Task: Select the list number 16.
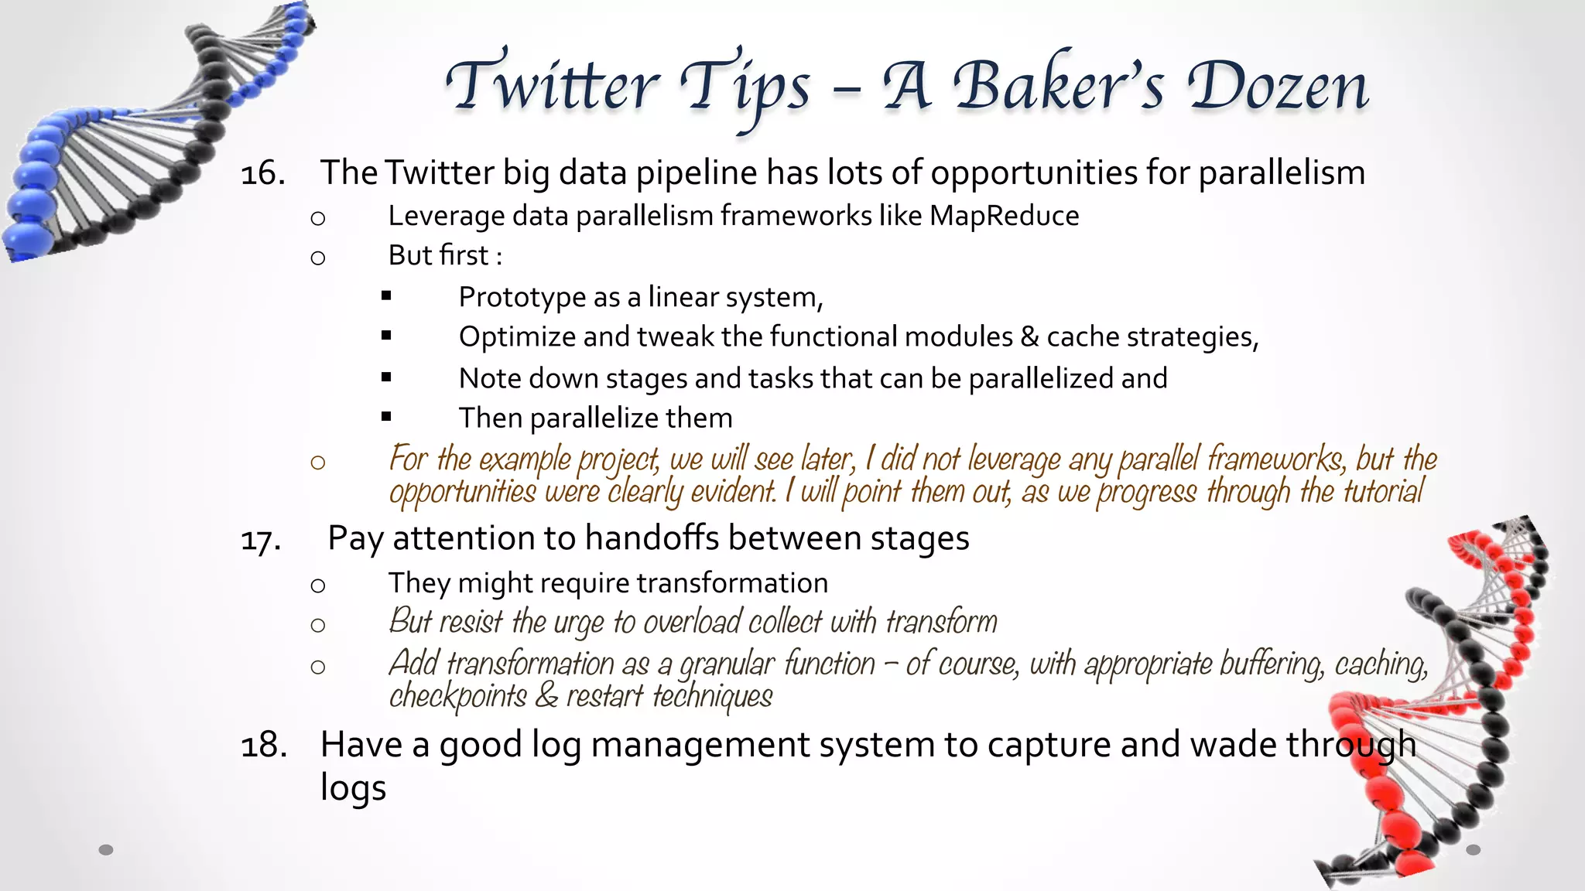point(262,173)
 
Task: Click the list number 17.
point(261,540)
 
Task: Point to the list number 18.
point(263,746)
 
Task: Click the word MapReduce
point(1004,216)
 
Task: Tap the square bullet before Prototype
point(386,295)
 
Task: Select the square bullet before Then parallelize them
point(386,417)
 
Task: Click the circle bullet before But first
point(317,258)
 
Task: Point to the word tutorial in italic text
point(1383,492)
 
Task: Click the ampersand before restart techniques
point(546,695)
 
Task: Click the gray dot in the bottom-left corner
point(106,850)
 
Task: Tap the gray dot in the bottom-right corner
point(1474,850)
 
